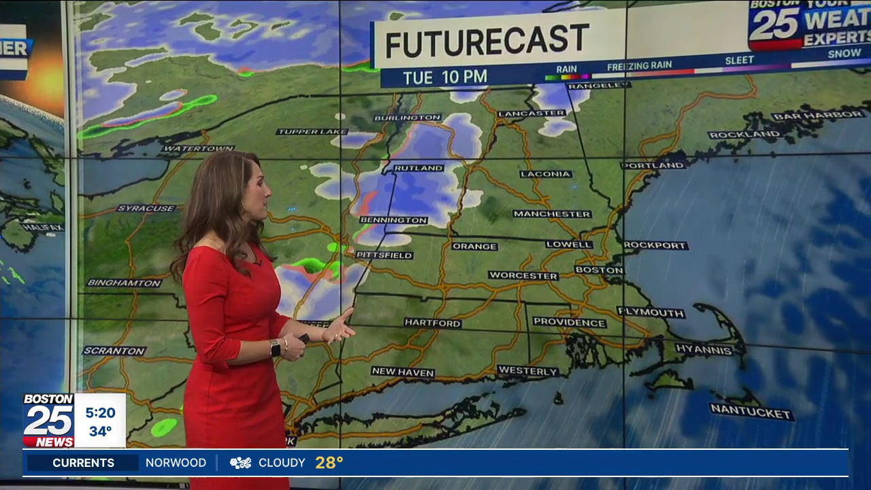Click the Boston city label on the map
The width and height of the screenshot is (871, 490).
(x=599, y=270)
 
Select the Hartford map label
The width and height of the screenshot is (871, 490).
(x=433, y=323)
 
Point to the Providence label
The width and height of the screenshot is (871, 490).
(x=569, y=322)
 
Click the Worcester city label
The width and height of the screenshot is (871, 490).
(x=523, y=276)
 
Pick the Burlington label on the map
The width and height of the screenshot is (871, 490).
(x=408, y=118)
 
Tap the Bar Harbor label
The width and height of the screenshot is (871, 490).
(x=818, y=116)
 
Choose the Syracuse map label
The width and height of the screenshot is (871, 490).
(x=146, y=208)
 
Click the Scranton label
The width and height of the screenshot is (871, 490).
(x=114, y=351)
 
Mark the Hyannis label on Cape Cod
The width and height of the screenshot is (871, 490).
(x=704, y=350)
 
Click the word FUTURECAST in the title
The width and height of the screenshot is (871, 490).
(x=487, y=42)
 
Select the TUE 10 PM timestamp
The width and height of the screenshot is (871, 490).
(x=445, y=77)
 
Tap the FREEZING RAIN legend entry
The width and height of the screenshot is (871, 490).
(x=639, y=66)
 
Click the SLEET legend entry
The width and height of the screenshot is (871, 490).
(x=739, y=60)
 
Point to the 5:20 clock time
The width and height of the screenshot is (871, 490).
(x=100, y=412)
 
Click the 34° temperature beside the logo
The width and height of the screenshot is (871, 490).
(x=100, y=431)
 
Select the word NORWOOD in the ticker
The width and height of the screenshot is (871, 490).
(x=176, y=463)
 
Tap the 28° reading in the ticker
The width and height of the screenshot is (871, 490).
(x=329, y=463)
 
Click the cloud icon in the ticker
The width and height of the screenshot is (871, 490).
(x=240, y=463)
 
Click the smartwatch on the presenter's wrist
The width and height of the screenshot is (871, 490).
(x=276, y=348)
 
